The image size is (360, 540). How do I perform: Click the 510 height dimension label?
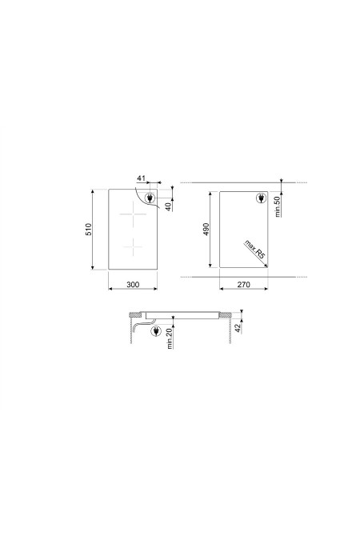89,230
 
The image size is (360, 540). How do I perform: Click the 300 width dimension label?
133,285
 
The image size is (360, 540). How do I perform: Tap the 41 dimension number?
142,178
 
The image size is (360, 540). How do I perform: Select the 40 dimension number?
168,206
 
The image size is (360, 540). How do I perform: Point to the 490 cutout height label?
206,229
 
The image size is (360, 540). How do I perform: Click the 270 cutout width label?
243,285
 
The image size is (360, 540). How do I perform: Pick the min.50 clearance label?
278,206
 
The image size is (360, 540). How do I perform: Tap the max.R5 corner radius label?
254,250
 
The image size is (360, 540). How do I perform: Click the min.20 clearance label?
169,338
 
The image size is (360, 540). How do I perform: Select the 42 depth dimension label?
238,328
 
